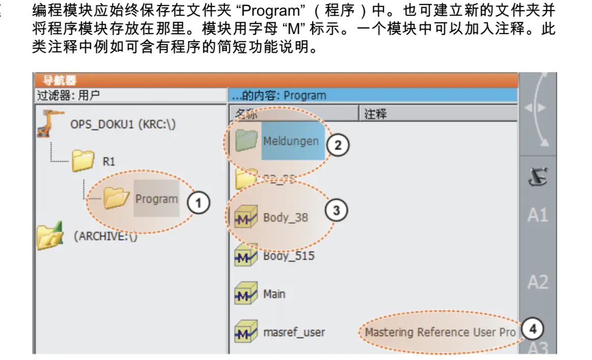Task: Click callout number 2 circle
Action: coord(337,145)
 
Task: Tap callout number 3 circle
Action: coord(336,210)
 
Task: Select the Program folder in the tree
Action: coord(156,199)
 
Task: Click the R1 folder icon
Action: coord(83,162)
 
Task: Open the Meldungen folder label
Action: coord(291,141)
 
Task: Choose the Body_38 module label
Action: coord(285,218)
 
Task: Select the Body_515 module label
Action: coord(288,256)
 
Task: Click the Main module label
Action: coord(274,294)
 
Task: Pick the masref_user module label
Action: coord(294,333)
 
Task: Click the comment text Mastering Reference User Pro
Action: coord(440,333)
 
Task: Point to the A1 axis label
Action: coord(538,215)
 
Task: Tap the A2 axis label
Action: coord(538,282)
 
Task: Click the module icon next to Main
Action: coord(246,294)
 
